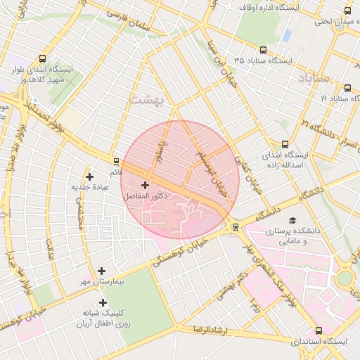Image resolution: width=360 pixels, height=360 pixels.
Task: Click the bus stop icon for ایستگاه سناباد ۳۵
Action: coord(263,50)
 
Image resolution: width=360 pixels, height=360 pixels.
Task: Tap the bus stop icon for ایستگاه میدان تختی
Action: coord(348,10)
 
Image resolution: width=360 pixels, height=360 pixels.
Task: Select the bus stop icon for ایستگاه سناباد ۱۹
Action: coord(348,88)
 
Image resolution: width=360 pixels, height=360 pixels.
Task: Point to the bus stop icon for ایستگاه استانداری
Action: coord(319,330)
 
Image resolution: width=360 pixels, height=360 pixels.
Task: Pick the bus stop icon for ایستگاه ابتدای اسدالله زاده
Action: coord(284,143)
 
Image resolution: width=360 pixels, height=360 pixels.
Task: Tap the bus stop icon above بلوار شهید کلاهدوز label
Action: coord(43,59)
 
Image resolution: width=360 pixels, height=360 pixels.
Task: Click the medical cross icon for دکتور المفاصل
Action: coord(145,186)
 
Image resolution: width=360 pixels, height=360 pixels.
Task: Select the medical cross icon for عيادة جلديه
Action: coord(89,176)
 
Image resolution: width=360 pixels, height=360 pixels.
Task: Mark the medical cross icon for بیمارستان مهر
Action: coord(102,270)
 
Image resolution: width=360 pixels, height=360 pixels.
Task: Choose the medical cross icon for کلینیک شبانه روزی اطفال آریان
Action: coord(103,302)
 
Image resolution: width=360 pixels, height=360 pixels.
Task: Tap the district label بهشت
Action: coord(146,100)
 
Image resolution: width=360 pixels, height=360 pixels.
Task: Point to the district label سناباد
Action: coord(314,77)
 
